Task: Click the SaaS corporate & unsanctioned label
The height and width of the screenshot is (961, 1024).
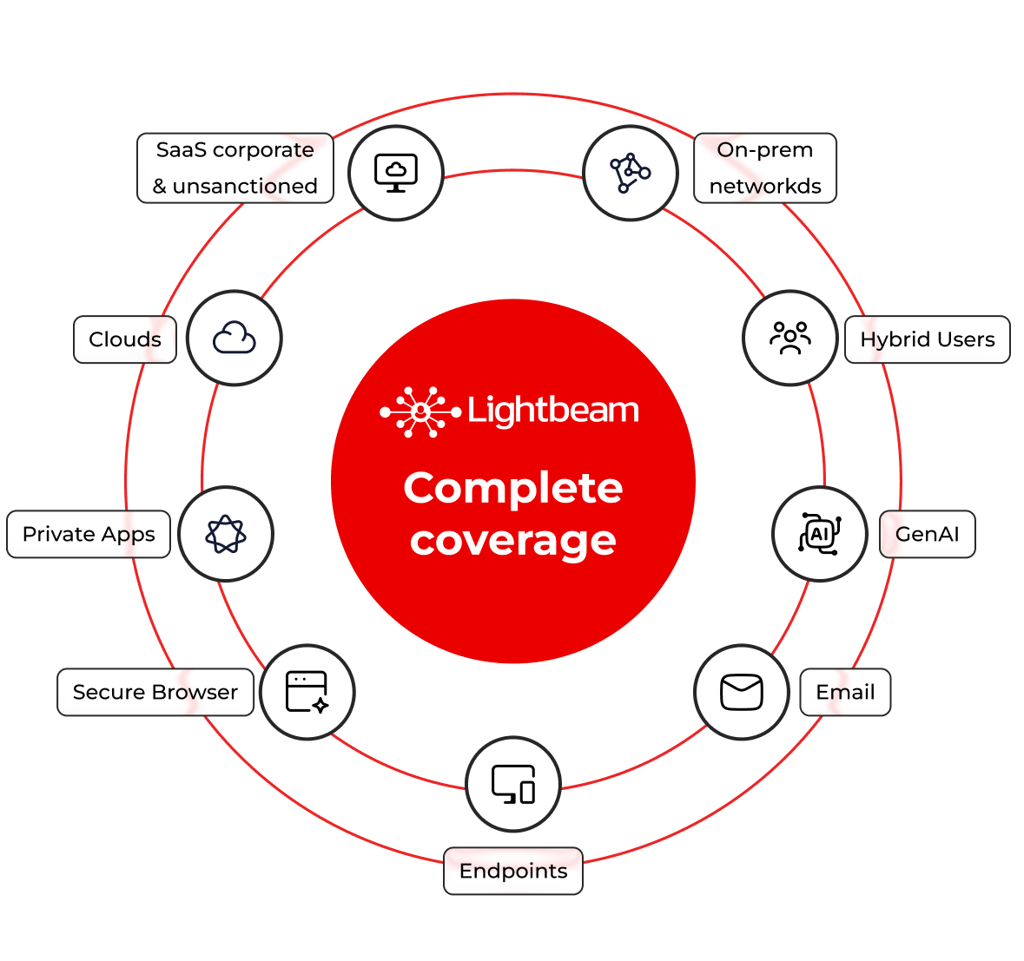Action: coord(235,168)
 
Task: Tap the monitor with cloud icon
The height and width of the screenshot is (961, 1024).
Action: coord(396,173)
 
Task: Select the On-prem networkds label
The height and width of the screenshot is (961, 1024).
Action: coord(765,168)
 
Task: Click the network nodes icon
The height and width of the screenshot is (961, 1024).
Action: coord(631,173)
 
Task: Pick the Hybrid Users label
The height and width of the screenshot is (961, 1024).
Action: coord(928,339)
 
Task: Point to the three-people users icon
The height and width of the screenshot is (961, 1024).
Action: coord(790,338)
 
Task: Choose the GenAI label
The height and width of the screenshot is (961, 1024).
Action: coord(928,534)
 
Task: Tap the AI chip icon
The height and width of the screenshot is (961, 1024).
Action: coord(819,533)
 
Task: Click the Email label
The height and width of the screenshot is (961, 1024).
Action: coord(845,692)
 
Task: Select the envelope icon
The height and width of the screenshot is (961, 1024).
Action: coord(742,692)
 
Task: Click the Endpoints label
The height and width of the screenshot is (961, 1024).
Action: coord(513,871)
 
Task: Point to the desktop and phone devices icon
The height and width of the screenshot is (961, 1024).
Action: coord(513,784)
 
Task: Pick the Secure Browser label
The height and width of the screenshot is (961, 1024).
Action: coord(155,692)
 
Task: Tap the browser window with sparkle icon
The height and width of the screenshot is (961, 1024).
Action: coord(307,692)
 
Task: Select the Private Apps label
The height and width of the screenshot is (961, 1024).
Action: coord(89,534)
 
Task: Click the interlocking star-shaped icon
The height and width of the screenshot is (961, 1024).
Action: coord(226,534)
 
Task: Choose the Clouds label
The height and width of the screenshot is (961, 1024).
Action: coord(125,339)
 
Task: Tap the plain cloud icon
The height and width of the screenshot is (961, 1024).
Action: coord(235,338)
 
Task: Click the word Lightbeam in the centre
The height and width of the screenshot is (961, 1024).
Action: coord(553,410)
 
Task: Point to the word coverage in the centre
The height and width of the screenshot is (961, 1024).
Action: coord(513,540)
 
